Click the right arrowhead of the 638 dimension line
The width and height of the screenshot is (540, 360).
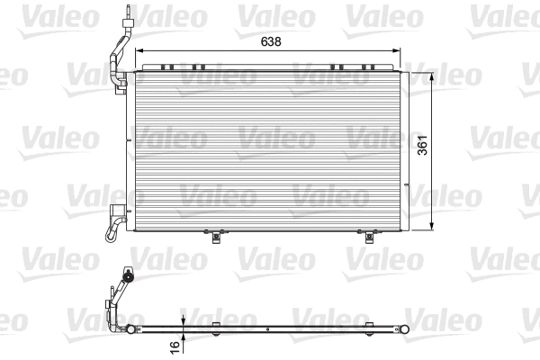[x=398, y=50]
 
